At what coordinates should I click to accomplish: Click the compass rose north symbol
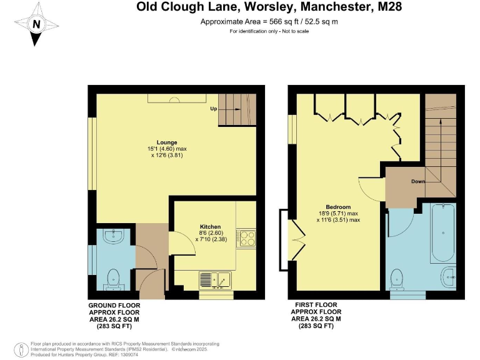(x=37, y=24)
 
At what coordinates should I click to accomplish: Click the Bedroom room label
(x=338, y=207)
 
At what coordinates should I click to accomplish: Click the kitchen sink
(x=215, y=279)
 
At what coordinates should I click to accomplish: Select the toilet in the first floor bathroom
(x=397, y=278)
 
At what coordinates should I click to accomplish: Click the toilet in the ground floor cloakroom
(x=113, y=276)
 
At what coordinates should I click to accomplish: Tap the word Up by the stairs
(x=214, y=109)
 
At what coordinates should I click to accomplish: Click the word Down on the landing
(x=419, y=182)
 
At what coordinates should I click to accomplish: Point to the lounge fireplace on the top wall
(x=172, y=98)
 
